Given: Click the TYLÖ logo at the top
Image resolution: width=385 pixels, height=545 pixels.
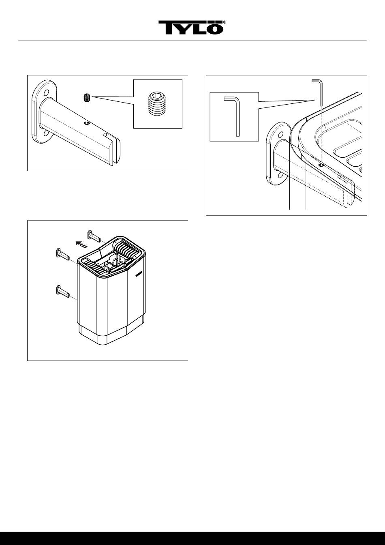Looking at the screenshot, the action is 190,28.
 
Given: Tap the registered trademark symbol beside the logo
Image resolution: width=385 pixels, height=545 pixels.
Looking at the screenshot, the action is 225,23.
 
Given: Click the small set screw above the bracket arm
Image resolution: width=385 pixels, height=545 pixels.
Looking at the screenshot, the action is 86,98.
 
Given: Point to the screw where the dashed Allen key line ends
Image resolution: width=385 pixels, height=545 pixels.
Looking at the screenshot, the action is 321,165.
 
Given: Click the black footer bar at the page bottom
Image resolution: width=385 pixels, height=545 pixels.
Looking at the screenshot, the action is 192,538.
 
